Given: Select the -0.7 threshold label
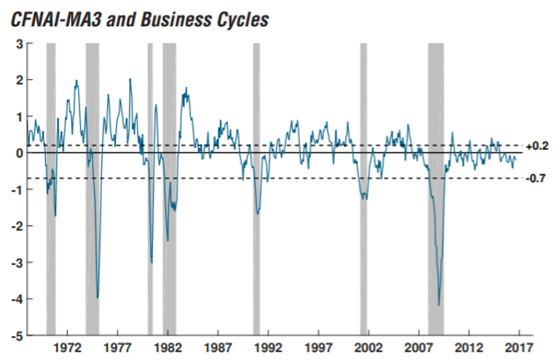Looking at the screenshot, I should click(x=536, y=178).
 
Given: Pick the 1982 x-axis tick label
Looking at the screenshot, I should click(x=168, y=348).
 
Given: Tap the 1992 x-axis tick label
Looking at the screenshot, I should click(x=268, y=348).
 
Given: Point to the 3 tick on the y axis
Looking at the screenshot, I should click(x=18, y=43).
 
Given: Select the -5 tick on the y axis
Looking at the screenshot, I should click(x=16, y=335).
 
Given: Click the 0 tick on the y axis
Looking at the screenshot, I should click(x=18, y=153).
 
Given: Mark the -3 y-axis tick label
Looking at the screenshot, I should click(x=16, y=263).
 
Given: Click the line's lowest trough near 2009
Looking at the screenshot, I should click(x=439, y=305).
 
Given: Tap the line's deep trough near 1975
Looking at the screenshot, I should click(x=98, y=298).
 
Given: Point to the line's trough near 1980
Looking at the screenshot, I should click(x=152, y=262).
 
